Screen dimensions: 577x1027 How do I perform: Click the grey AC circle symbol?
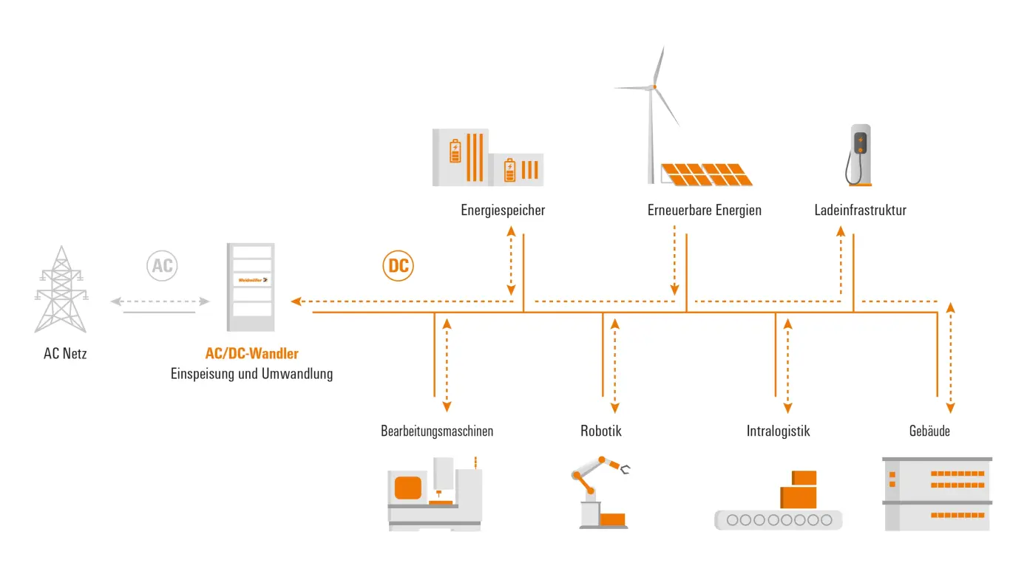click(x=162, y=266)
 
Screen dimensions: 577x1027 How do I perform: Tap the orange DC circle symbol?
click(x=399, y=266)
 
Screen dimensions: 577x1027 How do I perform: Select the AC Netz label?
click(x=65, y=354)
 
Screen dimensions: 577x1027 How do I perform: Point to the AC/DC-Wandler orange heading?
click(x=252, y=354)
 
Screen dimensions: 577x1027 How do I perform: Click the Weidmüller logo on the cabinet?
click(x=251, y=279)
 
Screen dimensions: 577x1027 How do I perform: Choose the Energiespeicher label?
click(x=503, y=211)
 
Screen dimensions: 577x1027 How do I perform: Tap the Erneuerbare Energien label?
click(x=704, y=211)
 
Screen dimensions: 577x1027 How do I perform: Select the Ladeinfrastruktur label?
click(x=860, y=211)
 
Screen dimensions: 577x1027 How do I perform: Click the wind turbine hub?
click(x=654, y=87)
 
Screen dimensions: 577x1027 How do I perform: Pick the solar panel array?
click(x=707, y=174)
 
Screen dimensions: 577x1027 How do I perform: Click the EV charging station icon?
click(x=859, y=154)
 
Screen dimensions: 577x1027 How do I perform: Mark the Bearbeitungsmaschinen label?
click(x=437, y=431)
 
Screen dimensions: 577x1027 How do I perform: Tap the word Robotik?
click(x=600, y=431)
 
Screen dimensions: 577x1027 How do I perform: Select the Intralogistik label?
click(x=778, y=431)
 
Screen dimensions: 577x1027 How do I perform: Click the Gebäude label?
click(x=929, y=431)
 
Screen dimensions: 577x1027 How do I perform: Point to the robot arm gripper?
click(x=626, y=468)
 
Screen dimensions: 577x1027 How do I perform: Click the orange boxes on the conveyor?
click(x=799, y=491)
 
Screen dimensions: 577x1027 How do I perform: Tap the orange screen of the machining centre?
click(x=408, y=488)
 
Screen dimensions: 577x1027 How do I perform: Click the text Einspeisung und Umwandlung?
click(x=251, y=374)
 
